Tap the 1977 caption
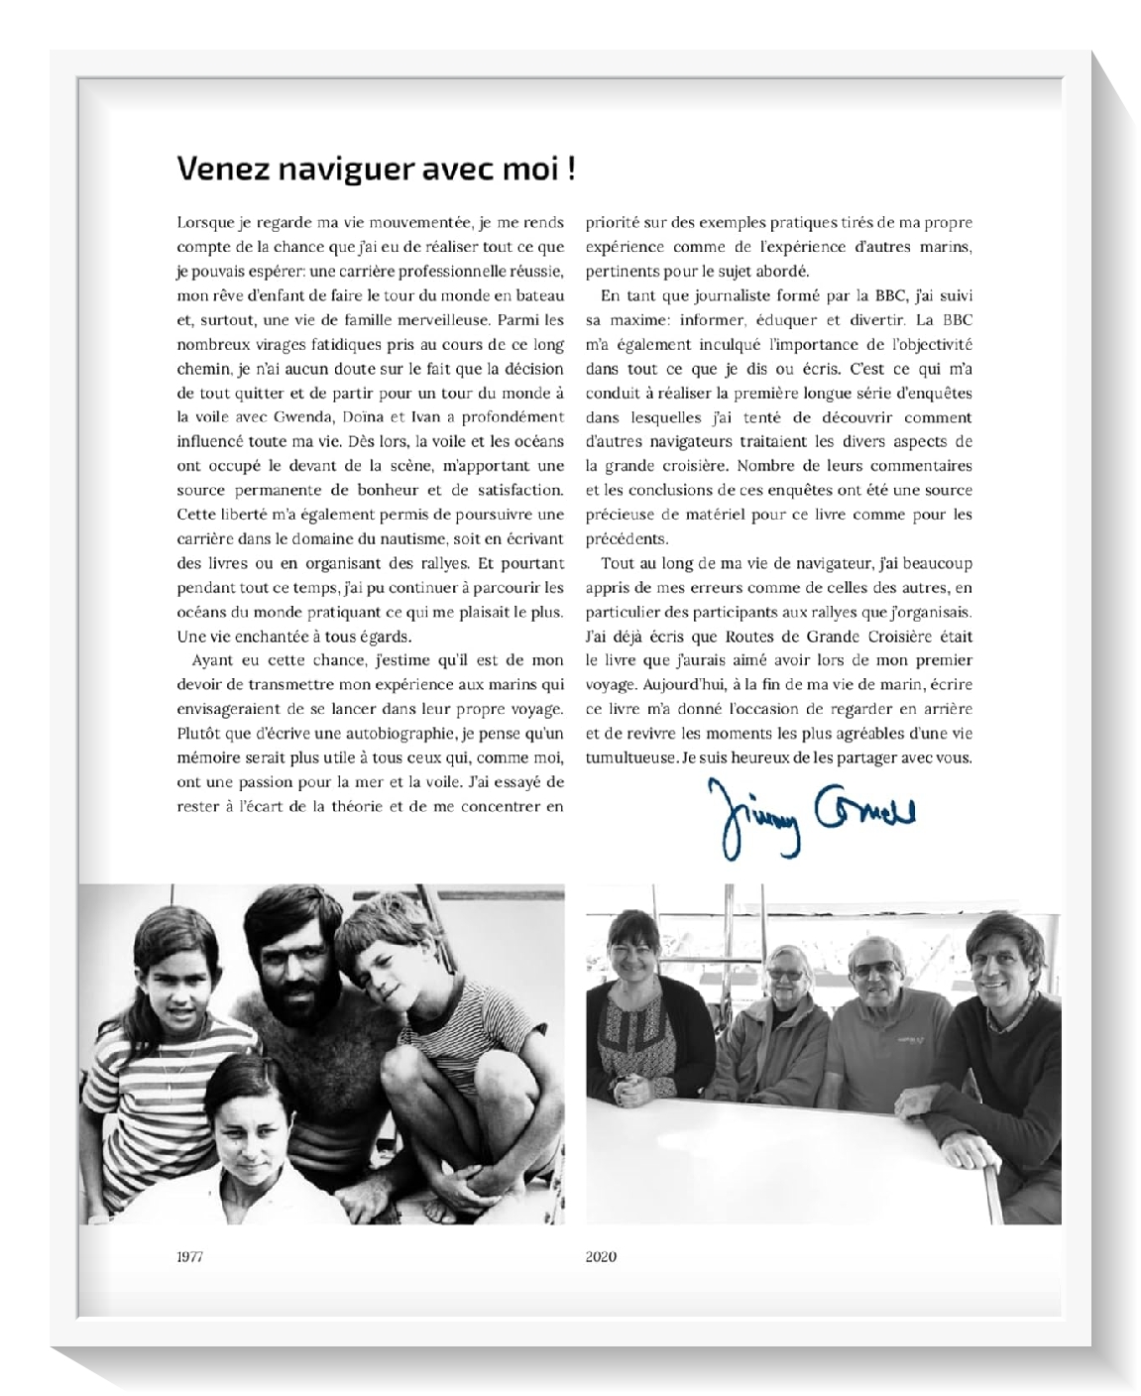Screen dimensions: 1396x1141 tap(189, 1256)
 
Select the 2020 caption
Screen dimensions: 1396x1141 tap(601, 1256)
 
